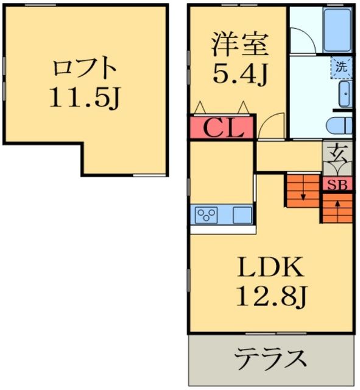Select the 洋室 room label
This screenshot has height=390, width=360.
(x=239, y=44)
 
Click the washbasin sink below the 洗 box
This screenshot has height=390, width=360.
(x=344, y=94)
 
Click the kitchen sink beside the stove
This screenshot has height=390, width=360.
(x=242, y=214)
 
